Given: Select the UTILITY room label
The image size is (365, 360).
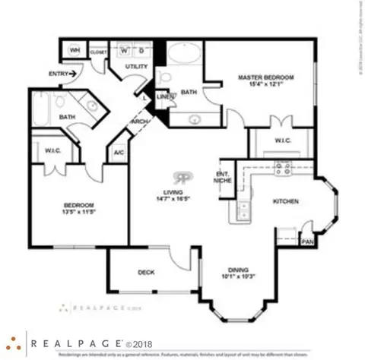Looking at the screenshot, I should [135, 68].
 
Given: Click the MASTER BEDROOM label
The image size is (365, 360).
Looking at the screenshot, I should [261, 77].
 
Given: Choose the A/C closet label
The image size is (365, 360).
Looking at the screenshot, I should [118, 153].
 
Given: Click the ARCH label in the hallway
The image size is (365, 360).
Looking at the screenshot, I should [140, 122].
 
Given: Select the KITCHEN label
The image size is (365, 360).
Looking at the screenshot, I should [286, 201].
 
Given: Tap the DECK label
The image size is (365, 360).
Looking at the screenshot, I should [147, 272].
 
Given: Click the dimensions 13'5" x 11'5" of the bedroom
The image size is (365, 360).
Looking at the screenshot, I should [78, 213].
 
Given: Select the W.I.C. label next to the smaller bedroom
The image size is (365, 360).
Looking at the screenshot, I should [52, 150].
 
